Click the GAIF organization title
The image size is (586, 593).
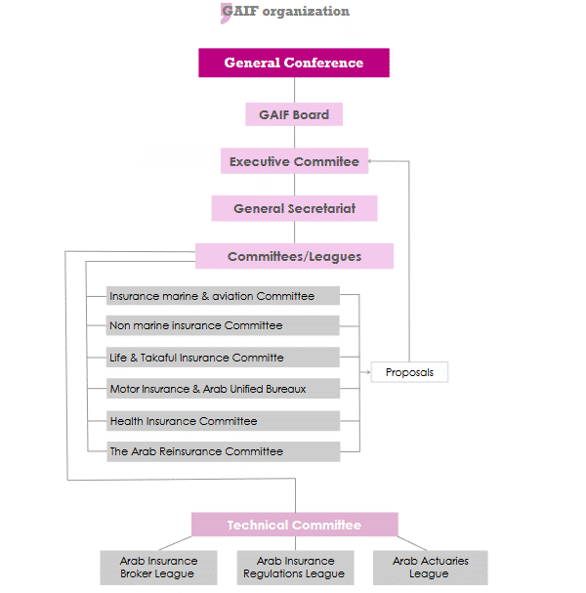tap(285, 12)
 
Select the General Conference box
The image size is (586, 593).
tap(294, 64)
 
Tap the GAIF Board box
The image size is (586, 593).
tap(294, 114)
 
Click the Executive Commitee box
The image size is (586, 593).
tap(294, 161)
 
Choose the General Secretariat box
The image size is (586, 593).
tap(294, 208)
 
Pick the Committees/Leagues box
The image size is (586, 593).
tap(294, 256)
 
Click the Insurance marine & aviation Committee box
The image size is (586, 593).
tap(224, 296)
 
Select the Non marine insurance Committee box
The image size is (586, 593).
tap(224, 325)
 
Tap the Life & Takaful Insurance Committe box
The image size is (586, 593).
tap(224, 358)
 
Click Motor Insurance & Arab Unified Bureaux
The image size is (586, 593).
tap(224, 389)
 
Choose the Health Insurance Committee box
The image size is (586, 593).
tap(224, 421)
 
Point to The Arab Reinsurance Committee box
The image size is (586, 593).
tap(224, 451)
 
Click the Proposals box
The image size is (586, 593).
tap(409, 372)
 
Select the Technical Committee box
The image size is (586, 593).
tap(294, 525)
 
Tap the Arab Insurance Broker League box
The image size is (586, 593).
tap(158, 568)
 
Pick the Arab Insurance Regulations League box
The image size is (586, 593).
tap(295, 568)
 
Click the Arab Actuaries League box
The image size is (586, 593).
tap(430, 568)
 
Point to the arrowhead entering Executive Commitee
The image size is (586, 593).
tap(374, 161)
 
